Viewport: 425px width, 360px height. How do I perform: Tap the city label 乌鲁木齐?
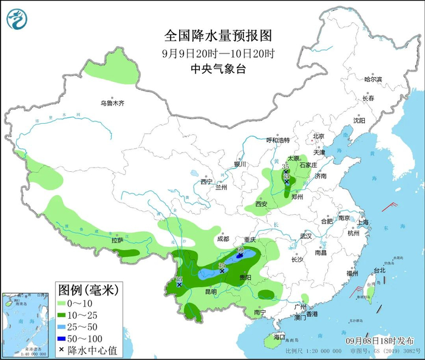pyautogui.click(x=112, y=104)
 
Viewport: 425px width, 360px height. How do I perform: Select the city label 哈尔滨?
pyautogui.click(x=373, y=80)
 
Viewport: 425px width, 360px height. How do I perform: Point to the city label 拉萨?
pyautogui.click(x=117, y=240)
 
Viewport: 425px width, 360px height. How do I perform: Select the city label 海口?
pyautogui.click(x=279, y=336)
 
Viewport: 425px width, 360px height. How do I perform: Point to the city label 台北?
pyautogui.click(x=379, y=270)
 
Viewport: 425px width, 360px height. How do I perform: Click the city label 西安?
pyautogui.click(x=262, y=204)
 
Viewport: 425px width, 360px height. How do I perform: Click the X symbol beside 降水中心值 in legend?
pyautogui.click(x=61, y=350)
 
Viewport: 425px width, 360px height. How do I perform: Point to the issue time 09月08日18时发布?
pyautogui.click(x=385, y=340)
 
